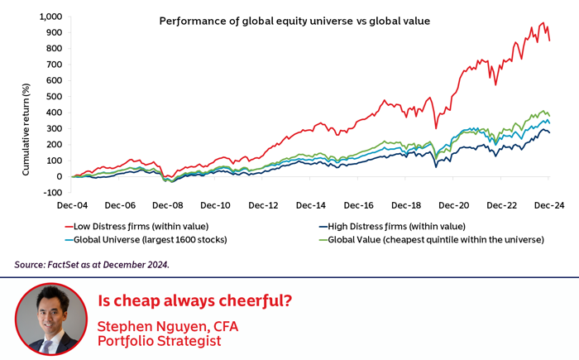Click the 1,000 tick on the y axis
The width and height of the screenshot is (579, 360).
point(50,17)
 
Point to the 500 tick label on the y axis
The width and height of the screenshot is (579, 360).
point(54,96)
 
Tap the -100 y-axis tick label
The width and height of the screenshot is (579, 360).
point(51,192)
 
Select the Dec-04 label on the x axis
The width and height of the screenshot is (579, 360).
point(74,204)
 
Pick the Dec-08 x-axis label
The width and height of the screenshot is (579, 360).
point(169,204)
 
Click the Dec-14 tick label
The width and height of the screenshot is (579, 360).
point(311,204)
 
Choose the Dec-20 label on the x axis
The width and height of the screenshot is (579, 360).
point(454,204)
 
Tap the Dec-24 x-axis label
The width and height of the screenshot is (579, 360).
point(549,204)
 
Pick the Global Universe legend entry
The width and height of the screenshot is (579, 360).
point(148,240)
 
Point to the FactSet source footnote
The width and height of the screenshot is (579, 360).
point(93,265)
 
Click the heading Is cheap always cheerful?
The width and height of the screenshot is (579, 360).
point(194,300)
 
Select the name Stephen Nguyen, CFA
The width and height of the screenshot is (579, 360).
point(168,326)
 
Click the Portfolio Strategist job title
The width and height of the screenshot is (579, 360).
point(159,340)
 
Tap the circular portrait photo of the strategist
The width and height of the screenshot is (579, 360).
point(50,319)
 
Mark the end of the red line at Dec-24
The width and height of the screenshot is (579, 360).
point(549,40)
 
